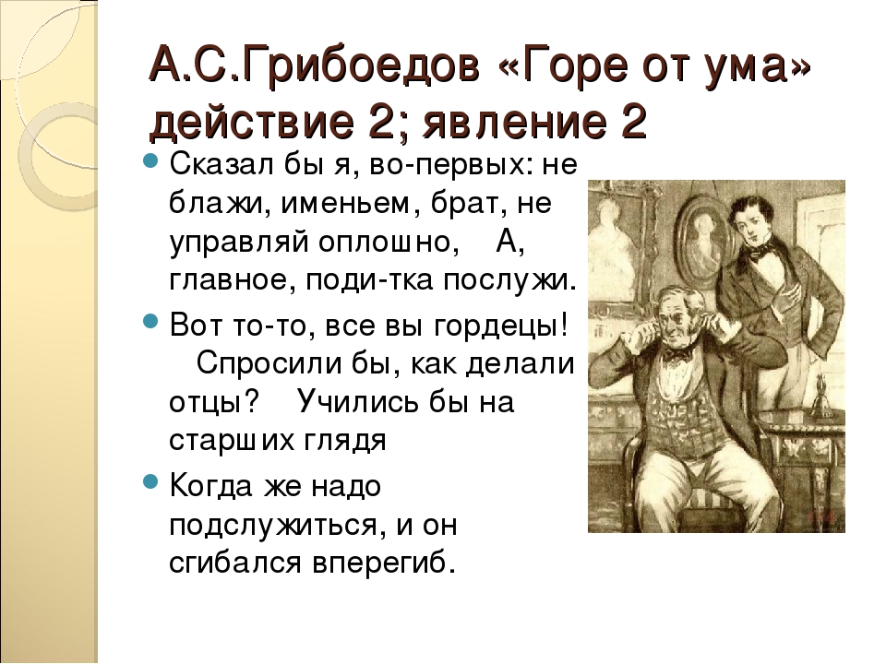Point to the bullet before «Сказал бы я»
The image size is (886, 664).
tap(150, 160)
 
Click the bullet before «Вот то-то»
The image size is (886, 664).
tap(150, 321)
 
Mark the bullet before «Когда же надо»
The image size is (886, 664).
tap(150, 481)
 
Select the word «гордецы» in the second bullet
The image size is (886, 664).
tap(499, 326)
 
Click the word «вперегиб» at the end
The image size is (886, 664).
tap(383, 563)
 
